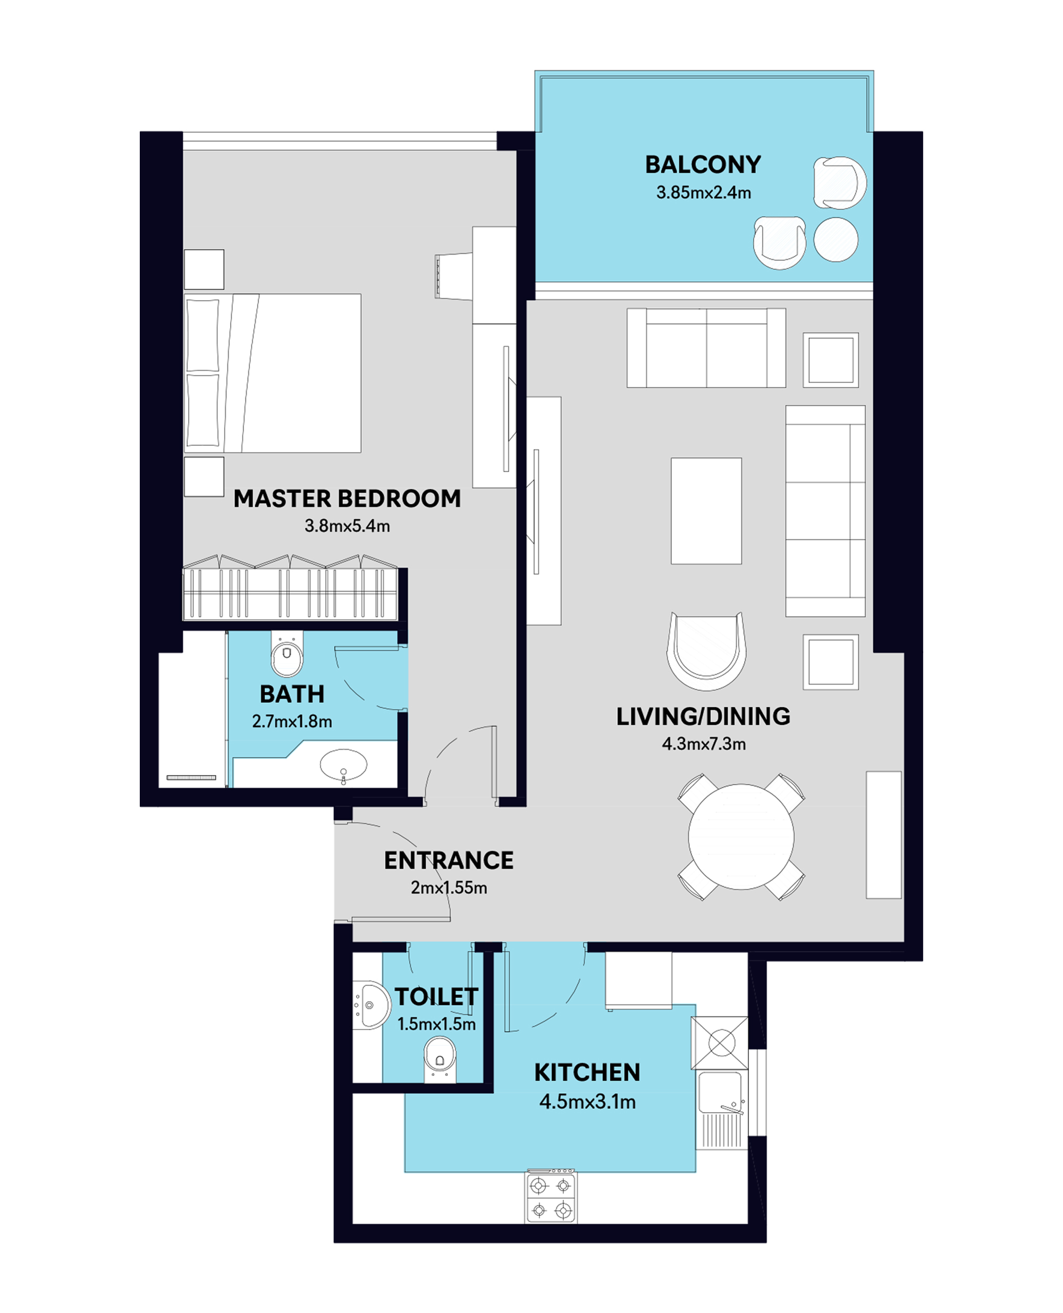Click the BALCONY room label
pyautogui.click(x=703, y=165)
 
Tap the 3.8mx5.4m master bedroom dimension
pyautogui.click(x=347, y=526)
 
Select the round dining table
pyautogui.click(x=741, y=837)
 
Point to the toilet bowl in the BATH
pyautogui.click(x=286, y=655)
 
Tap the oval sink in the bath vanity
pyautogui.click(x=343, y=765)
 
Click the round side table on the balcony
pyautogui.click(x=836, y=239)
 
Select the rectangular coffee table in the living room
pyautogui.click(x=706, y=511)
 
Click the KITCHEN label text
pyautogui.click(x=587, y=1072)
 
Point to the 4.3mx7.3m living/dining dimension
pyautogui.click(x=704, y=744)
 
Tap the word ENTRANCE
pyautogui.click(x=449, y=860)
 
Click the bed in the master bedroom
pyautogui.click(x=273, y=373)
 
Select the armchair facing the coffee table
pyautogui.click(x=706, y=651)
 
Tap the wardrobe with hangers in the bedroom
pyautogui.click(x=290, y=588)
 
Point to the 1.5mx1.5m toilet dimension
pyautogui.click(x=436, y=1024)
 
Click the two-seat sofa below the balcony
pyautogui.click(x=706, y=348)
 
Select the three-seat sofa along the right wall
pyautogui.click(x=825, y=511)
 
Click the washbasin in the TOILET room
pyautogui.click(x=371, y=1005)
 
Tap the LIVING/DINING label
pyautogui.click(x=703, y=716)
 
